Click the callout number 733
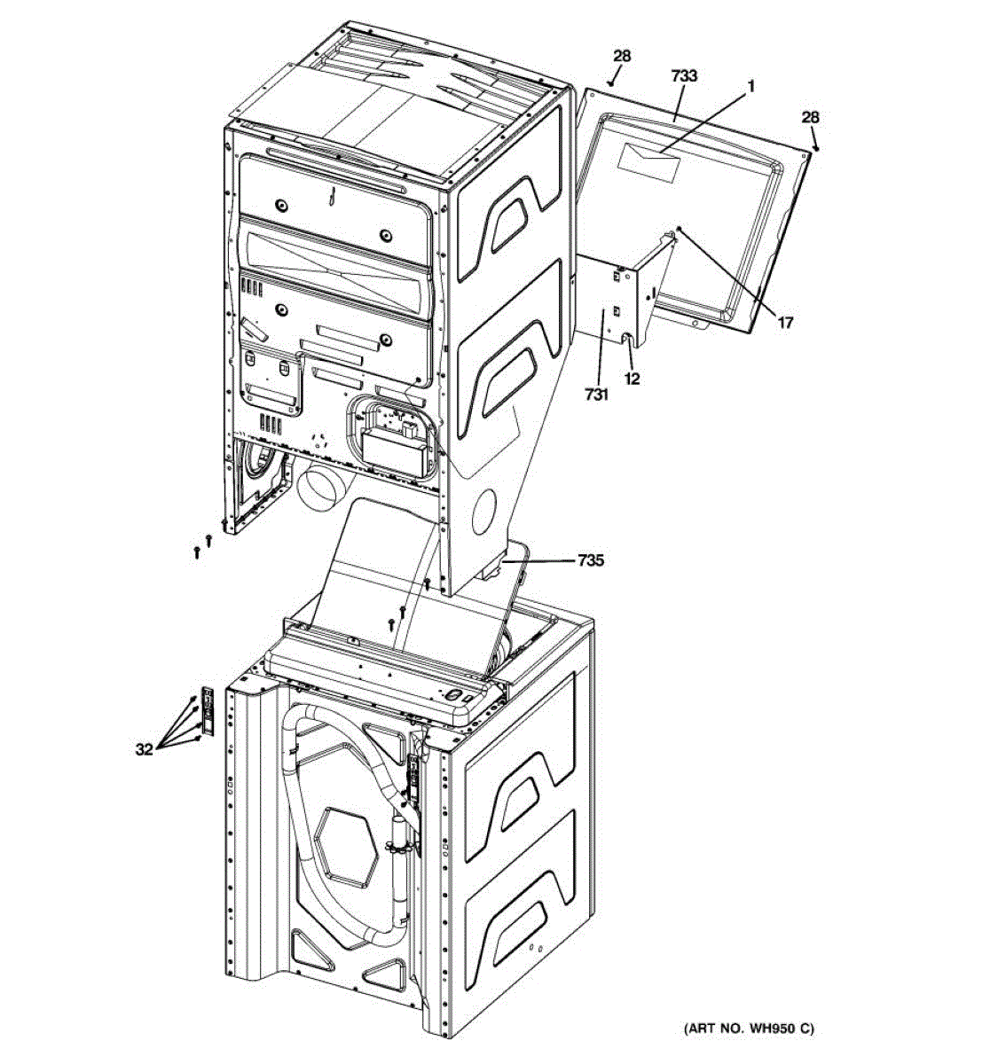[x=683, y=77]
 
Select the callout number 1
[x=750, y=87]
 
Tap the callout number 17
[x=785, y=323]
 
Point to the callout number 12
[x=633, y=378]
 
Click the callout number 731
[x=596, y=395]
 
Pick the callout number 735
[x=591, y=560]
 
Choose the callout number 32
[x=144, y=749]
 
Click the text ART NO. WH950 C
[x=749, y=1029]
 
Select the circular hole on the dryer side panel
[x=487, y=511]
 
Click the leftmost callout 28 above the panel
[x=622, y=56]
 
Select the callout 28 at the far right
[x=810, y=117]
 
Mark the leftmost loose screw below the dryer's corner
[x=197, y=552]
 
